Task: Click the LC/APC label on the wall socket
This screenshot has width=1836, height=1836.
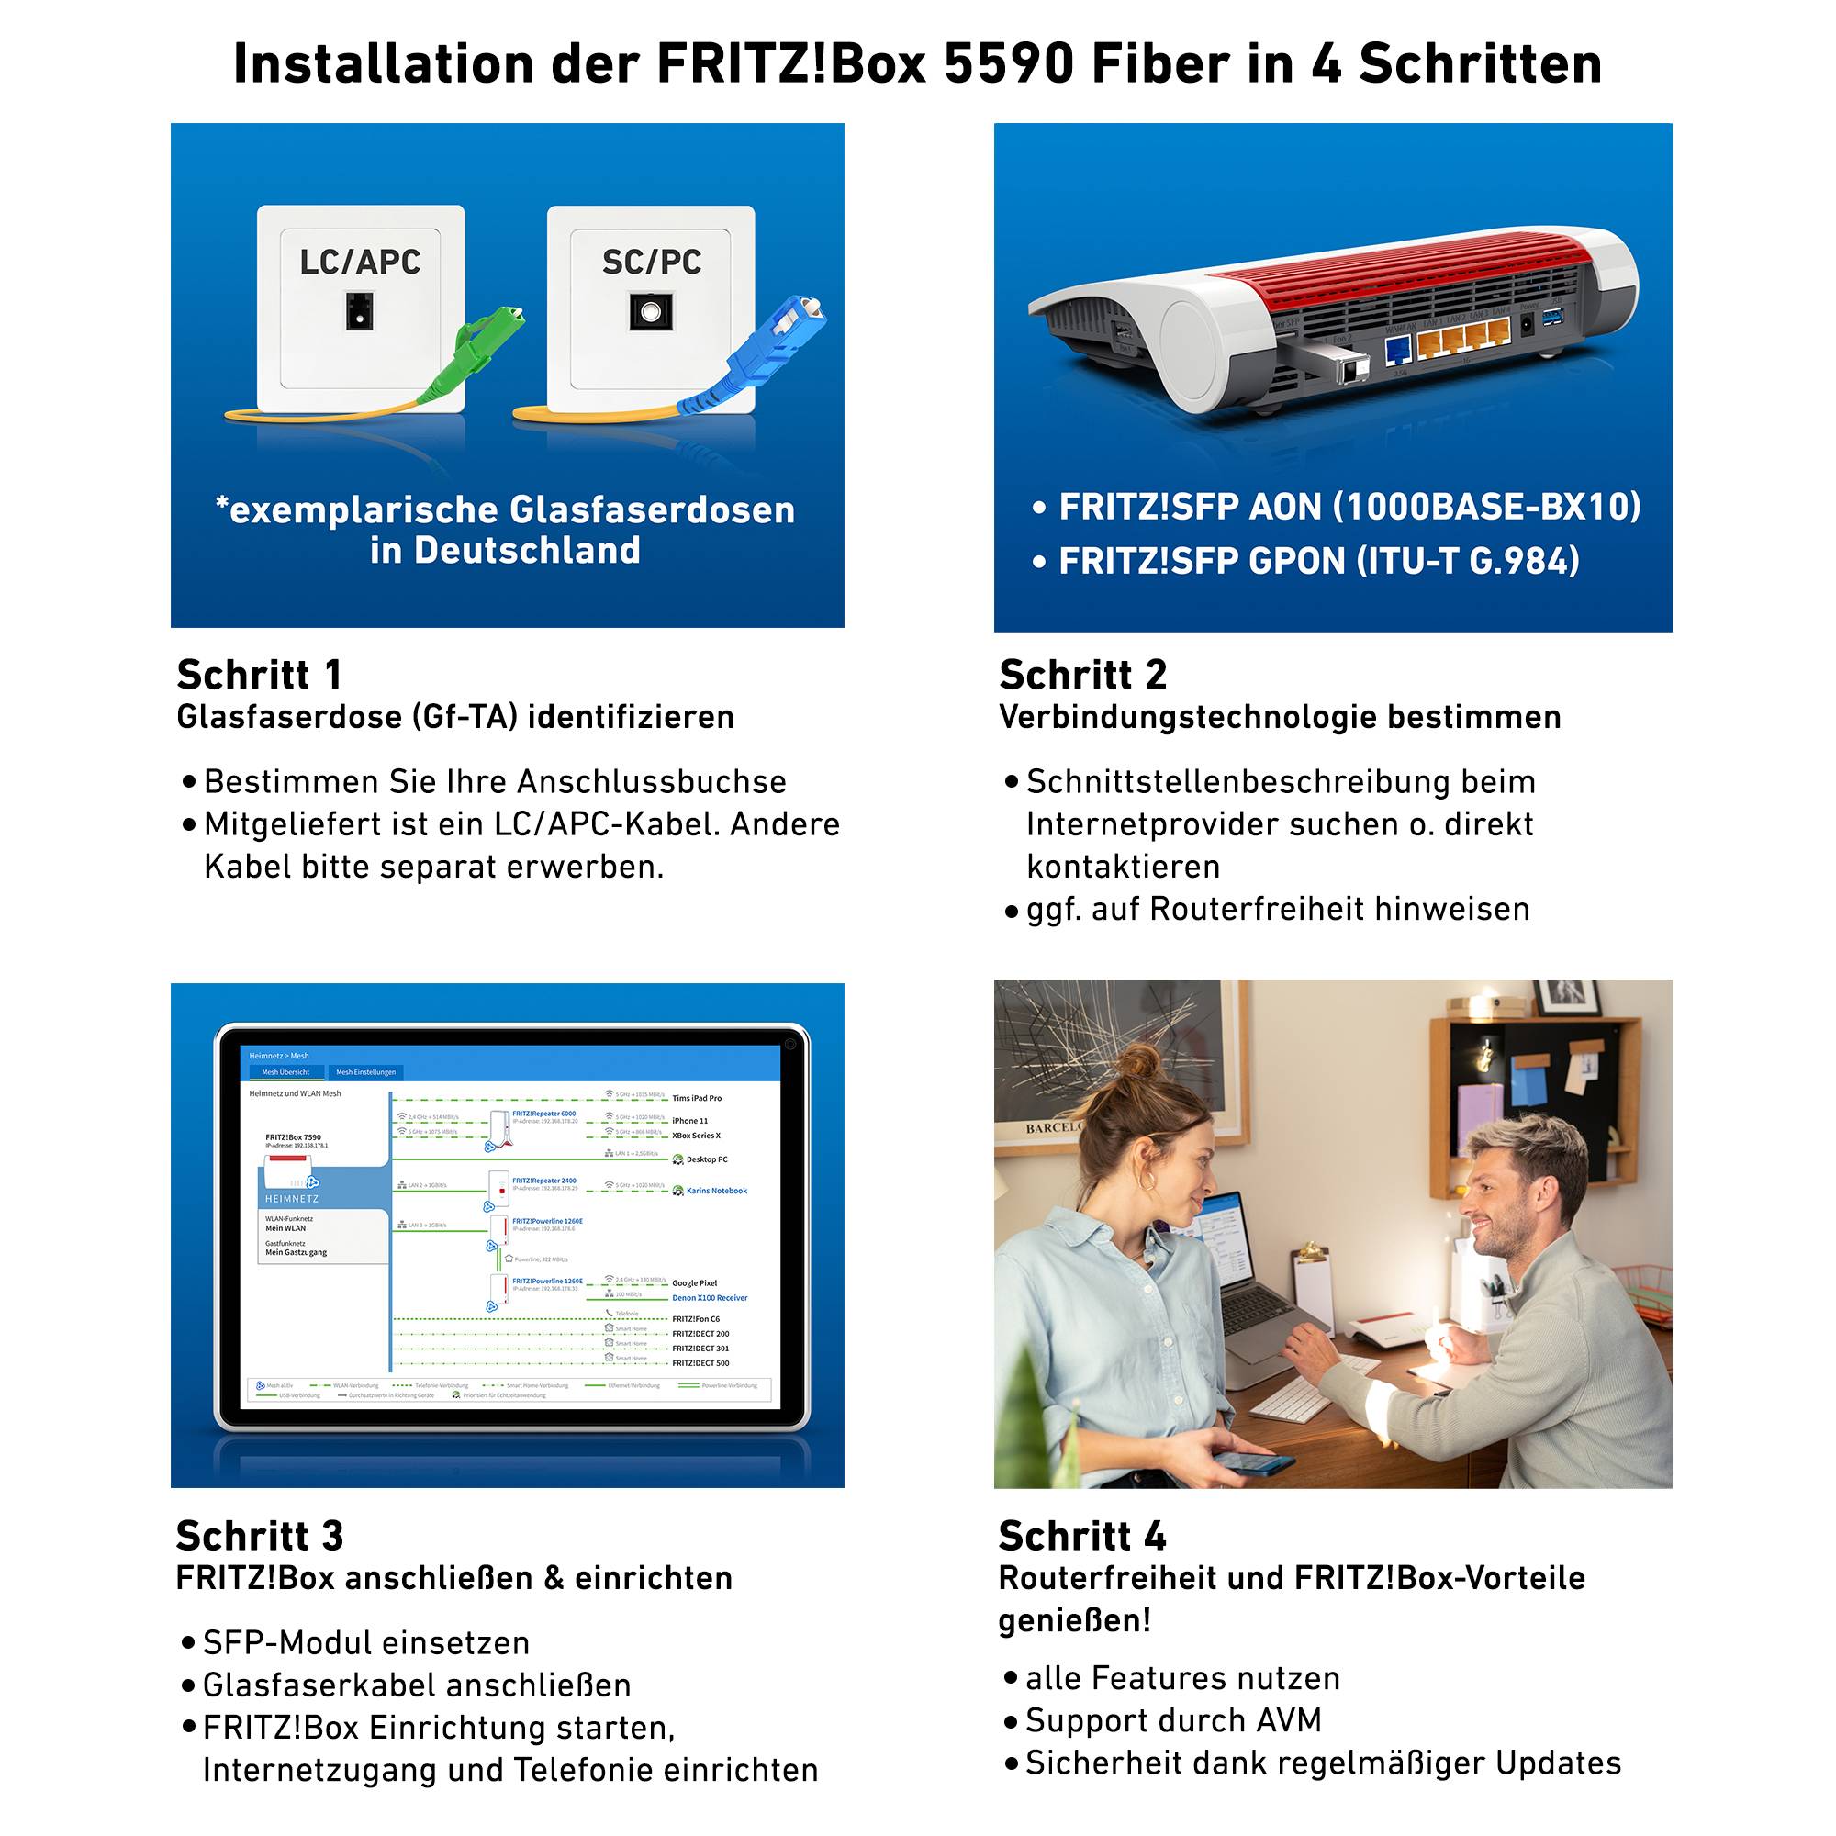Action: tap(359, 262)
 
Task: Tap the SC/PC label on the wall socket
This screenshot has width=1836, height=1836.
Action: tap(652, 262)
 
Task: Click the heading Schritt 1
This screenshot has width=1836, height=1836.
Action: tap(259, 675)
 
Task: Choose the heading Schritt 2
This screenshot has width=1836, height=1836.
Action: tap(1082, 675)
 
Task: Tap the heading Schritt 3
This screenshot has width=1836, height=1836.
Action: tap(260, 1536)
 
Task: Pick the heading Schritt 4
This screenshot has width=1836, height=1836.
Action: tap(1081, 1536)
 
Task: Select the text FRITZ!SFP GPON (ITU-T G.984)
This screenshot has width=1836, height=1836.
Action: tap(1319, 561)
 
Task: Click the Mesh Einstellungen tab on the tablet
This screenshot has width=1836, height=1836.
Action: tap(366, 1072)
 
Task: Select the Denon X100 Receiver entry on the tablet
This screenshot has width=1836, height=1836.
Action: tap(710, 1297)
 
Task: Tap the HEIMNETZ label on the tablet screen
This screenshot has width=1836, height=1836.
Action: tap(292, 1198)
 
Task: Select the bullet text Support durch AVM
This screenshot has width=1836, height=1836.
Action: tap(1172, 1720)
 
